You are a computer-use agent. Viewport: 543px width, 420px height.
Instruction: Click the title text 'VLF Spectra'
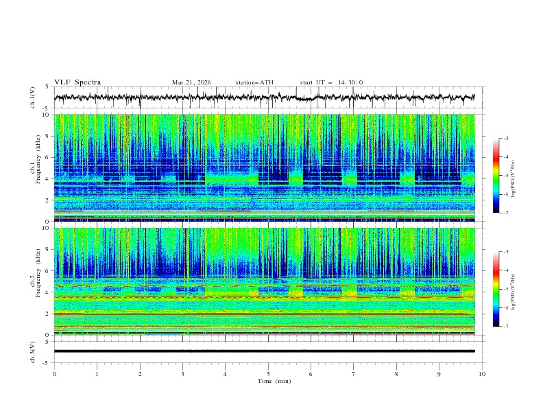[x=77, y=82]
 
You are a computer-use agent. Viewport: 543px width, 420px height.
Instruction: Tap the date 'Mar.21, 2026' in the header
[x=191, y=82]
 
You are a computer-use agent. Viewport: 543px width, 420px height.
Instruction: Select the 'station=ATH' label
[x=254, y=82]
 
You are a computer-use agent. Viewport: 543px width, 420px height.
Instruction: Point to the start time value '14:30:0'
[x=350, y=82]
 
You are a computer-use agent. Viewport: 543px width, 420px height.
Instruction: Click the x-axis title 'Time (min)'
[x=268, y=380]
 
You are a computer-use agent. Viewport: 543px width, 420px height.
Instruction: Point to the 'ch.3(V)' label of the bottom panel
[x=34, y=351]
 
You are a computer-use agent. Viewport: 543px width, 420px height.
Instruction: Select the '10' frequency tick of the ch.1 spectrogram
[x=46, y=115]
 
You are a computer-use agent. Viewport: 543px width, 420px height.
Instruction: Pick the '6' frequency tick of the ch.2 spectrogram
[x=47, y=271]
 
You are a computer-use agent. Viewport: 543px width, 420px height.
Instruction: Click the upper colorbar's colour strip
[x=496, y=176]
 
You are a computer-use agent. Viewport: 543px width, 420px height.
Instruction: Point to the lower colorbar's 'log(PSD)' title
[x=514, y=289]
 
